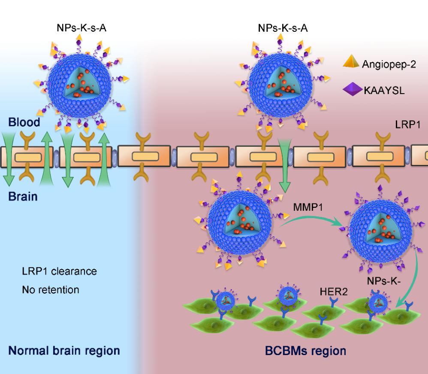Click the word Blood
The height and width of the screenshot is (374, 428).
coord(24,122)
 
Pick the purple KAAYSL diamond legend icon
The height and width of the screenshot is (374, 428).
coord(352,91)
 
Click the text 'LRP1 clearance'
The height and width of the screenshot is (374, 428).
coord(59,271)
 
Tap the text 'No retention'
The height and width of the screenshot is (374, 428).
coord(51,290)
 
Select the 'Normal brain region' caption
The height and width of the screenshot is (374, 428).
coord(64,350)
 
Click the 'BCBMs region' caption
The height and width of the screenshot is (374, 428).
coord(306,350)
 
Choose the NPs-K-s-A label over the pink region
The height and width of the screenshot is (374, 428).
coord(283,29)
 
